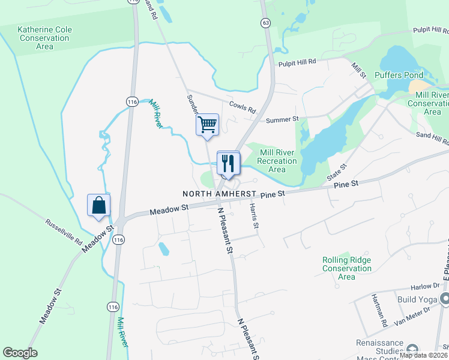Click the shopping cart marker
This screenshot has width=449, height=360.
tap(206, 125)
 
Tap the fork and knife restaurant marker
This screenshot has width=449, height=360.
tap(228, 163)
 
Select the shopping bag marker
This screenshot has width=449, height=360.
tap(98, 205)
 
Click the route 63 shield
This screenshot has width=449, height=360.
tap(265, 23)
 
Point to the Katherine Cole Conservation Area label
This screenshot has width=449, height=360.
tap(44, 37)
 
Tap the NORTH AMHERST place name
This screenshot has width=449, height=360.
tap(220, 194)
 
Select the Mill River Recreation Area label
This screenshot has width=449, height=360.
tap(277, 161)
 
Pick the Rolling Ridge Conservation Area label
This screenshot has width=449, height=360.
tap(346, 268)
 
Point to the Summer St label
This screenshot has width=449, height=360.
tap(282, 120)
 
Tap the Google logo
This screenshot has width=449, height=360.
tap(20, 353)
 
